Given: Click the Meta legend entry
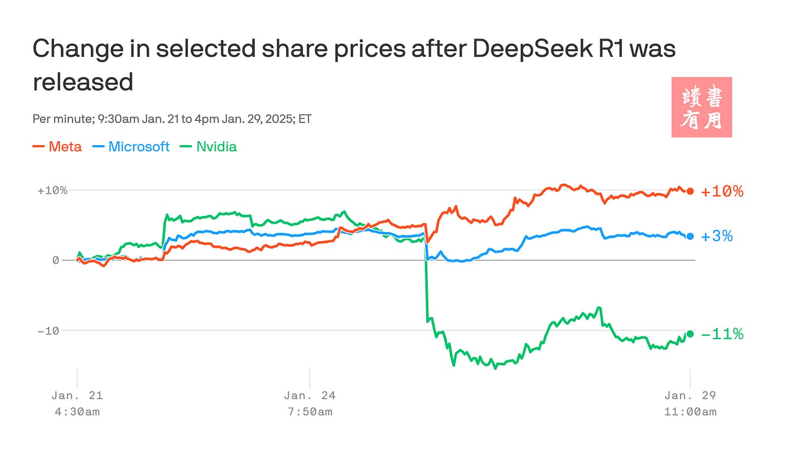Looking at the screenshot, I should click(x=57, y=147).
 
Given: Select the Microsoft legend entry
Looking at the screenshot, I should click(x=132, y=147).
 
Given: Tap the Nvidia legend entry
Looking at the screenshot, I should click(x=209, y=147).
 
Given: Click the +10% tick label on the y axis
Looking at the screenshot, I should click(x=52, y=190).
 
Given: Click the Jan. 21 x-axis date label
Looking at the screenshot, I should click(x=77, y=396).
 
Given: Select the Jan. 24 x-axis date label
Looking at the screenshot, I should click(x=310, y=396).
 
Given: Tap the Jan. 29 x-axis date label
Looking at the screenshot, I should click(x=690, y=396).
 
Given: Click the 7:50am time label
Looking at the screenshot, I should click(x=310, y=412).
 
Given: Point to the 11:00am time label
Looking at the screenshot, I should click(x=690, y=412).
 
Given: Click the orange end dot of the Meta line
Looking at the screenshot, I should click(x=690, y=191).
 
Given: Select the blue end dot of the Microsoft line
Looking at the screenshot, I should click(x=690, y=237).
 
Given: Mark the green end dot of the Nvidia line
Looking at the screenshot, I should click(x=690, y=334).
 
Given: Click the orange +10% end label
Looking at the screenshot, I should click(x=722, y=191).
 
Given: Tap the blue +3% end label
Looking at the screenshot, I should click(x=717, y=237).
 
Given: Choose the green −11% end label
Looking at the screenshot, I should click(x=722, y=334).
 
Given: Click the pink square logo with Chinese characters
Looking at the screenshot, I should click(x=702, y=107).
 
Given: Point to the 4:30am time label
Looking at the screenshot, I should click(x=77, y=412).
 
